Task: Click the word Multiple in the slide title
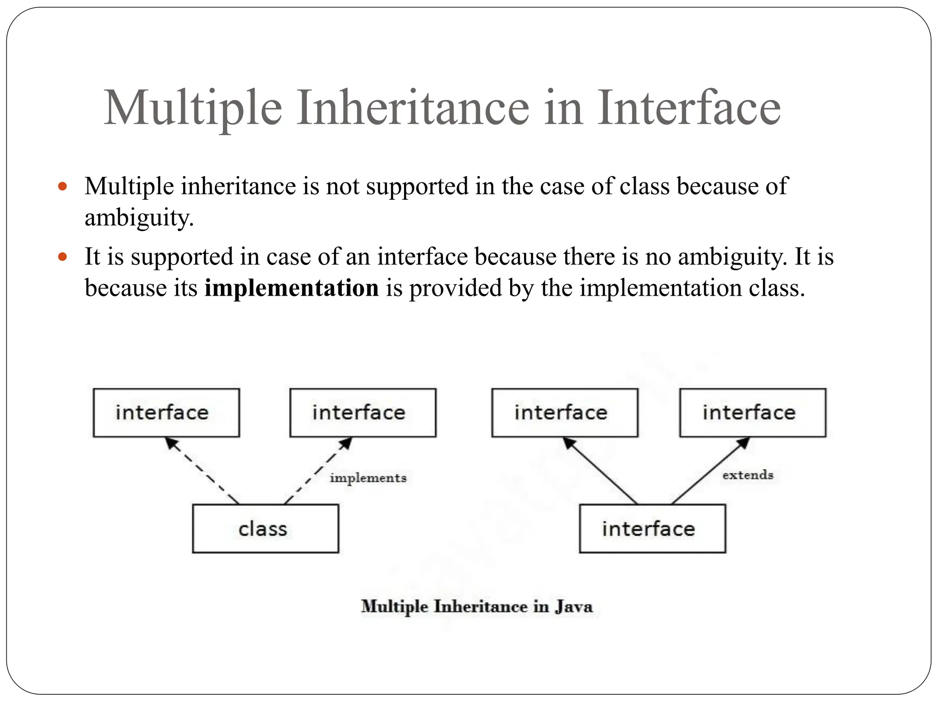(193, 108)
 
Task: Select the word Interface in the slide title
(689, 108)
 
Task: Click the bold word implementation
(291, 288)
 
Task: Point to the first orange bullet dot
(63, 187)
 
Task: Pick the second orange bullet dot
(63, 257)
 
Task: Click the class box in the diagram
(265, 529)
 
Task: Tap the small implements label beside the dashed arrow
(368, 478)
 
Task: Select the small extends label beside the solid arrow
(747, 475)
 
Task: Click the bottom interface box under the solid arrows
(652, 529)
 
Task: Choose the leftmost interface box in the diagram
(166, 412)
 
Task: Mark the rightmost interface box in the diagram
(753, 412)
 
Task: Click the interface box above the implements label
(363, 412)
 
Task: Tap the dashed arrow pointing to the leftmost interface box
(202, 470)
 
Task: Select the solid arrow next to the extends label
(710, 470)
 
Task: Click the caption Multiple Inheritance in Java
(476, 606)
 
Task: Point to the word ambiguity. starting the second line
(139, 218)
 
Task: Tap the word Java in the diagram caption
(574, 606)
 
